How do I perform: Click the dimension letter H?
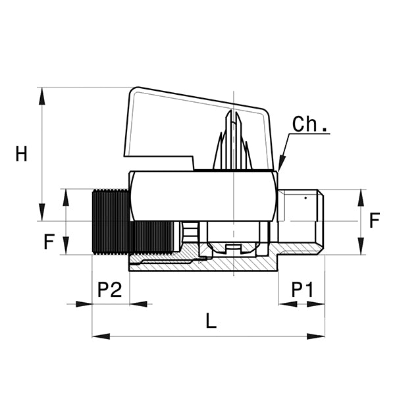22,154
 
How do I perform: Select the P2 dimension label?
110,290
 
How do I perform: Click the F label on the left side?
48,242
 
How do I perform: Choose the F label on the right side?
375,220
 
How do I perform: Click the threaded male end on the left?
109,221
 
